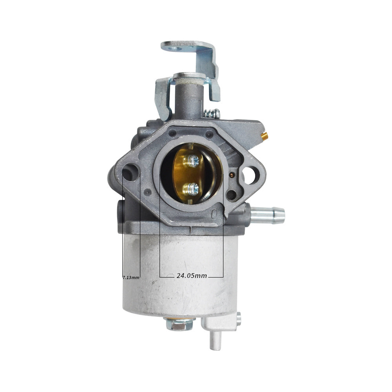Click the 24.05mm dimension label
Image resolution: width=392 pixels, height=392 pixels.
click(x=192, y=276)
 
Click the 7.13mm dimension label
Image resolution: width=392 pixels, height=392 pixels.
click(x=131, y=277)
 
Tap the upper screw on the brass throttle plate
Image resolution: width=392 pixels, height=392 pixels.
click(x=193, y=160)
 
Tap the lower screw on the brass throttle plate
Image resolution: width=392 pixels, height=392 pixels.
click(x=193, y=189)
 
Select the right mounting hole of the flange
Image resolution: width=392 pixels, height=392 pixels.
click(x=249, y=175)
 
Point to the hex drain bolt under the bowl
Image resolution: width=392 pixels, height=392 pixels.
click(x=179, y=324)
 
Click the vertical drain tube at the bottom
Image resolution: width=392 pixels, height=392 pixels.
click(x=216, y=339)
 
